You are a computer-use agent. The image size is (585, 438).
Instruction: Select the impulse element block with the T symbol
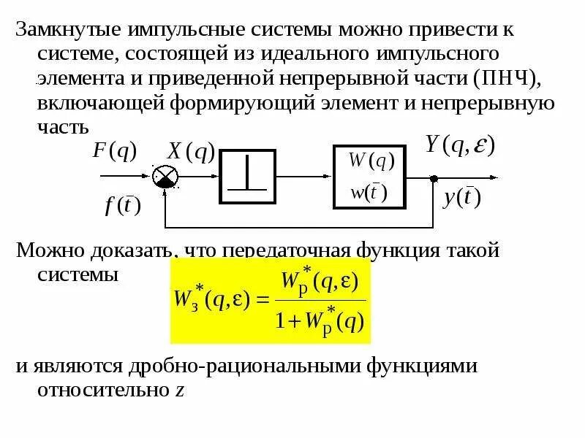[247, 177]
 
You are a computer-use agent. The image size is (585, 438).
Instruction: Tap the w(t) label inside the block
[369, 193]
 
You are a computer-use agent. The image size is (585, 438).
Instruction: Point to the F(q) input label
[115, 151]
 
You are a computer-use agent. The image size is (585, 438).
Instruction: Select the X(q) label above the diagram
[191, 152]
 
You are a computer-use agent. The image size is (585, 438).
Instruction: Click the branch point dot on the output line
[434, 177]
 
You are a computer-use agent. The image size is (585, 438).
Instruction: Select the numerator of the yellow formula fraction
[322, 281]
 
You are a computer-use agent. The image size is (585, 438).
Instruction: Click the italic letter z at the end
[179, 390]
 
